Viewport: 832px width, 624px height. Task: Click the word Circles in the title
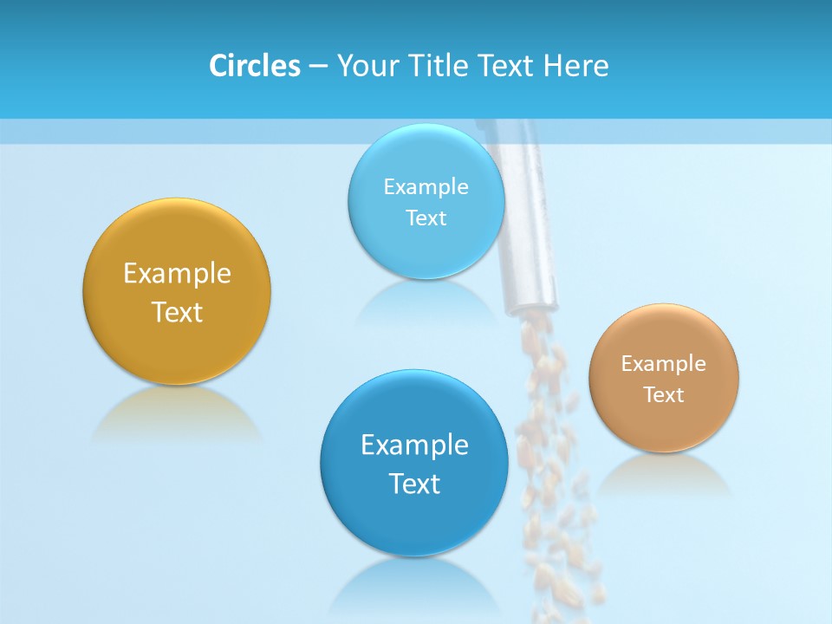tap(254, 66)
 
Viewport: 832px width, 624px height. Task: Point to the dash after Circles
tap(318, 67)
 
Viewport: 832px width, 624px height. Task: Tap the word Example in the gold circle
tap(177, 274)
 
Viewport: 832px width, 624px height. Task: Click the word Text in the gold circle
tap(177, 312)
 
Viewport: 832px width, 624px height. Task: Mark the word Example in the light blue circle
tap(426, 187)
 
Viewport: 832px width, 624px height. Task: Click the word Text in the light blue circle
tap(426, 218)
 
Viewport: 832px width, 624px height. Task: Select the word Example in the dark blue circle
tap(414, 445)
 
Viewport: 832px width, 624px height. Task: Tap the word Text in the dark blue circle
tap(414, 484)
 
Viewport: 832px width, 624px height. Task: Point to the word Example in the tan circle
tap(664, 364)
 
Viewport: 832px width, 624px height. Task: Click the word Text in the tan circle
tap(664, 395)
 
